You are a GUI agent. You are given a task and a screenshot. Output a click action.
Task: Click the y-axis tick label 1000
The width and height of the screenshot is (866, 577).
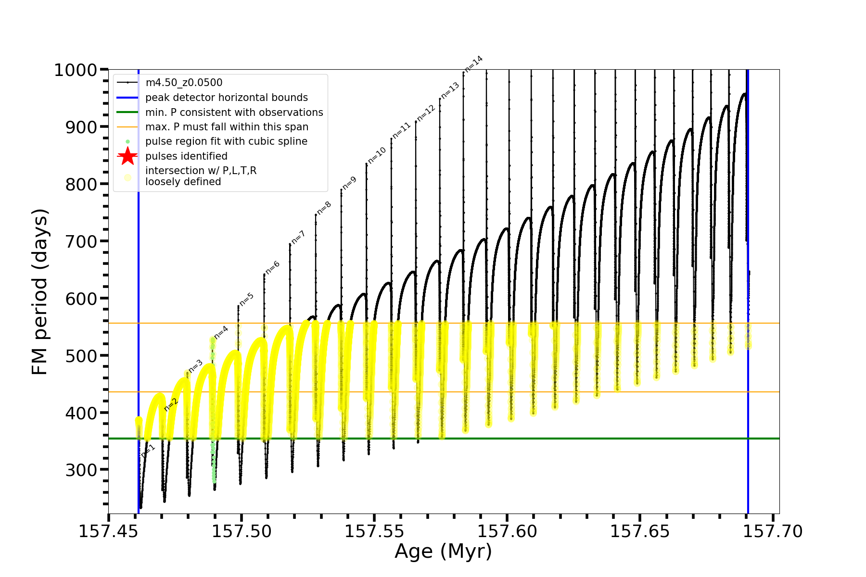point(76,71)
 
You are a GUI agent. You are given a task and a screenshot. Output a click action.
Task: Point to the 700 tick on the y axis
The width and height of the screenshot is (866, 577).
point(81,242)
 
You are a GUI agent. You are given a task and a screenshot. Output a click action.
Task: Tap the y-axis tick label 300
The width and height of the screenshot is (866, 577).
point(81,470)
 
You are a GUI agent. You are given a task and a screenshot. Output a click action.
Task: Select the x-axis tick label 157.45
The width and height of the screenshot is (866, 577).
point(109,531)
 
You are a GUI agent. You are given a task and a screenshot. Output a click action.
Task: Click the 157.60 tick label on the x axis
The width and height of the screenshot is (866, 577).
point(507,531)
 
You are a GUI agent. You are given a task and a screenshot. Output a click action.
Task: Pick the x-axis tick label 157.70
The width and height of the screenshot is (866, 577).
point(773,531)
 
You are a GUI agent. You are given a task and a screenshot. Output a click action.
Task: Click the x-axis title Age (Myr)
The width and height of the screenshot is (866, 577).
point(443,552)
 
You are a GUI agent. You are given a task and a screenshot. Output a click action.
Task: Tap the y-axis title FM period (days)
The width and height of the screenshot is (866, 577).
point(40,292)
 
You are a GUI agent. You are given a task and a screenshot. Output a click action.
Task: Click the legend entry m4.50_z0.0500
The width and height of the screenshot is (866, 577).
point(184,83)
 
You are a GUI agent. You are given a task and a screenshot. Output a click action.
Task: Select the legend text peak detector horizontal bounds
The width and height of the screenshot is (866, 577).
point(226,98)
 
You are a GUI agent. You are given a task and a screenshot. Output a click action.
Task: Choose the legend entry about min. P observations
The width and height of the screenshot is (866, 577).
point(234,113)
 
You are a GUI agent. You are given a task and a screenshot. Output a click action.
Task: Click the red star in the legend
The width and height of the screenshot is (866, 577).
point(127,156)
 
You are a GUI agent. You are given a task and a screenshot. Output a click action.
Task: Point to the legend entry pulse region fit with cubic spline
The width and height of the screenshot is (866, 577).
point(226,141)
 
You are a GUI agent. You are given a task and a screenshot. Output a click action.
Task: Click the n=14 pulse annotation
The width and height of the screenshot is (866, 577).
point(473,64)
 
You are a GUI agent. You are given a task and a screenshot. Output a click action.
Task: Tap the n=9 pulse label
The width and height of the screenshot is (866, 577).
point(349,183)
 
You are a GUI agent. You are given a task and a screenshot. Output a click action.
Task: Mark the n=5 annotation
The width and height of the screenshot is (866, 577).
point(246,299)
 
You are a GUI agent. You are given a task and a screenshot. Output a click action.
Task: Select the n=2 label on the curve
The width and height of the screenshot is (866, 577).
point(171,404)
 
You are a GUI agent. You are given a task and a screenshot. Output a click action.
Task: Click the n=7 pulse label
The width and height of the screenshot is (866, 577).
point(298,237)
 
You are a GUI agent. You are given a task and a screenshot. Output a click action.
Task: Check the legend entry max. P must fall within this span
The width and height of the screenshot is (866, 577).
point(227,127)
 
